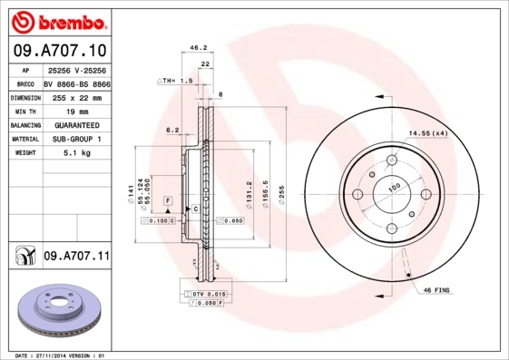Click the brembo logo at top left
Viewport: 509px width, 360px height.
57,19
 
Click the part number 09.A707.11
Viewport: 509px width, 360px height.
76,257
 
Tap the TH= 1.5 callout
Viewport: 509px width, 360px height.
176,82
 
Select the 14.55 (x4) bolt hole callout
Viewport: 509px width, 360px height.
427,133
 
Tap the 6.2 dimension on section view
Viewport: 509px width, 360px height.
171,130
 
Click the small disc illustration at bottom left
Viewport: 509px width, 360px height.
56,313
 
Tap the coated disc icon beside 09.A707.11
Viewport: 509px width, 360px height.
23,258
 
